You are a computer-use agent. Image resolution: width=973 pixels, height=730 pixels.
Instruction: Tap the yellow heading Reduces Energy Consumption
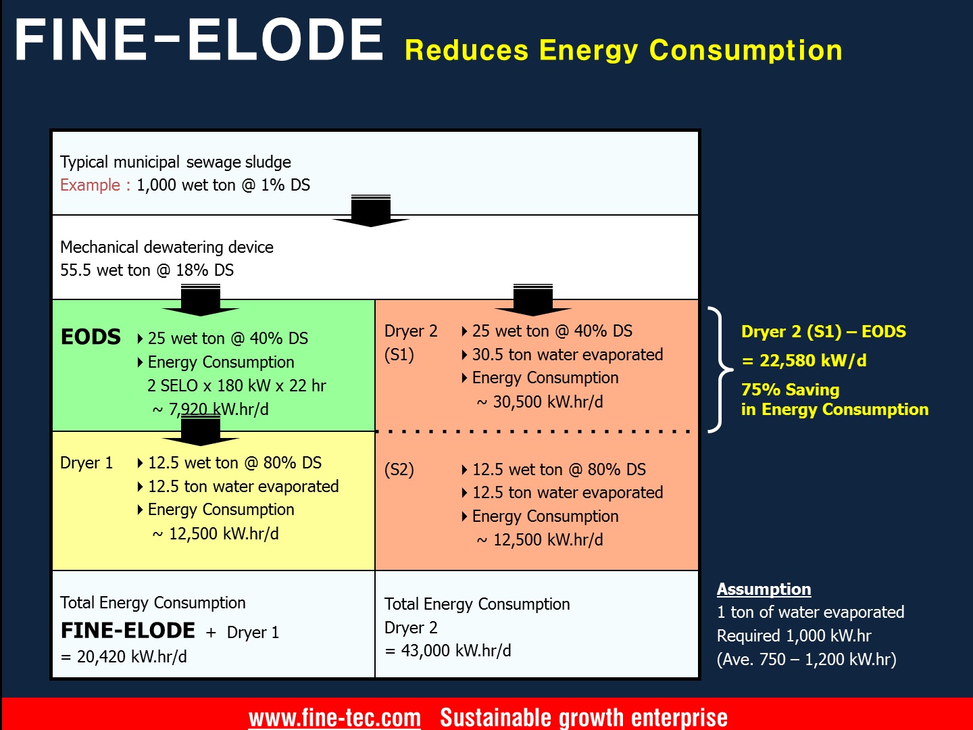[x=623, y=50]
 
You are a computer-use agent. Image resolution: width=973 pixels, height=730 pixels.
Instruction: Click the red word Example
[x=90, y=185]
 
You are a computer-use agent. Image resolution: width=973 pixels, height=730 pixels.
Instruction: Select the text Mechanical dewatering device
[x=166, y=247]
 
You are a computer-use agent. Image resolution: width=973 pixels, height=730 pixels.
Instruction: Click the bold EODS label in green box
[x=91, y=337]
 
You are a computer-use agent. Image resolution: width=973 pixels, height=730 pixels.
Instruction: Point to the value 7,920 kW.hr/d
[x=218, y=410]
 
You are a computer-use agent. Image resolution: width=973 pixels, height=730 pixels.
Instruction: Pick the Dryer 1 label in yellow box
[x=86, y=463]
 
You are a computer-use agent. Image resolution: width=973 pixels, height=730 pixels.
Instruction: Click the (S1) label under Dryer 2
[x=399, y=355]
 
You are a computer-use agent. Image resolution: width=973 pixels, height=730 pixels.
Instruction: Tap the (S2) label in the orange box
[x=399, y=470]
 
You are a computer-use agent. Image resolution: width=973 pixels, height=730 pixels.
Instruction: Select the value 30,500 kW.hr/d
[x=547, y=402]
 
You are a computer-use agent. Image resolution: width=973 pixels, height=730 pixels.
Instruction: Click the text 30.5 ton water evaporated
[x=567, y=355]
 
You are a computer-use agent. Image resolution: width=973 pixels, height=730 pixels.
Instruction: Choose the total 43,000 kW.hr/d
[x=455, y=651]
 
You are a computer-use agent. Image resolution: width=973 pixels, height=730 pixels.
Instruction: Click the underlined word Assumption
[x=764, y=589]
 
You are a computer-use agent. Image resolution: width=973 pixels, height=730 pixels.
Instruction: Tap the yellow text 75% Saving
[x=790, y=390]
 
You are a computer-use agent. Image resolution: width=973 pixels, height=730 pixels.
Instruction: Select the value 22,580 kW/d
[x=812, y=361]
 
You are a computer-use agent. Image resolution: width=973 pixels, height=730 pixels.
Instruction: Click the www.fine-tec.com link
[x=334, y=717]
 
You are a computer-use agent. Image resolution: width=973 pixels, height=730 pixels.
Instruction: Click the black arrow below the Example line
[x=371, y=212]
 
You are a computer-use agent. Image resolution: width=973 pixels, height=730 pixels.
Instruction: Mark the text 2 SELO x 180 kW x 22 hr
[x=236, y=386]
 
